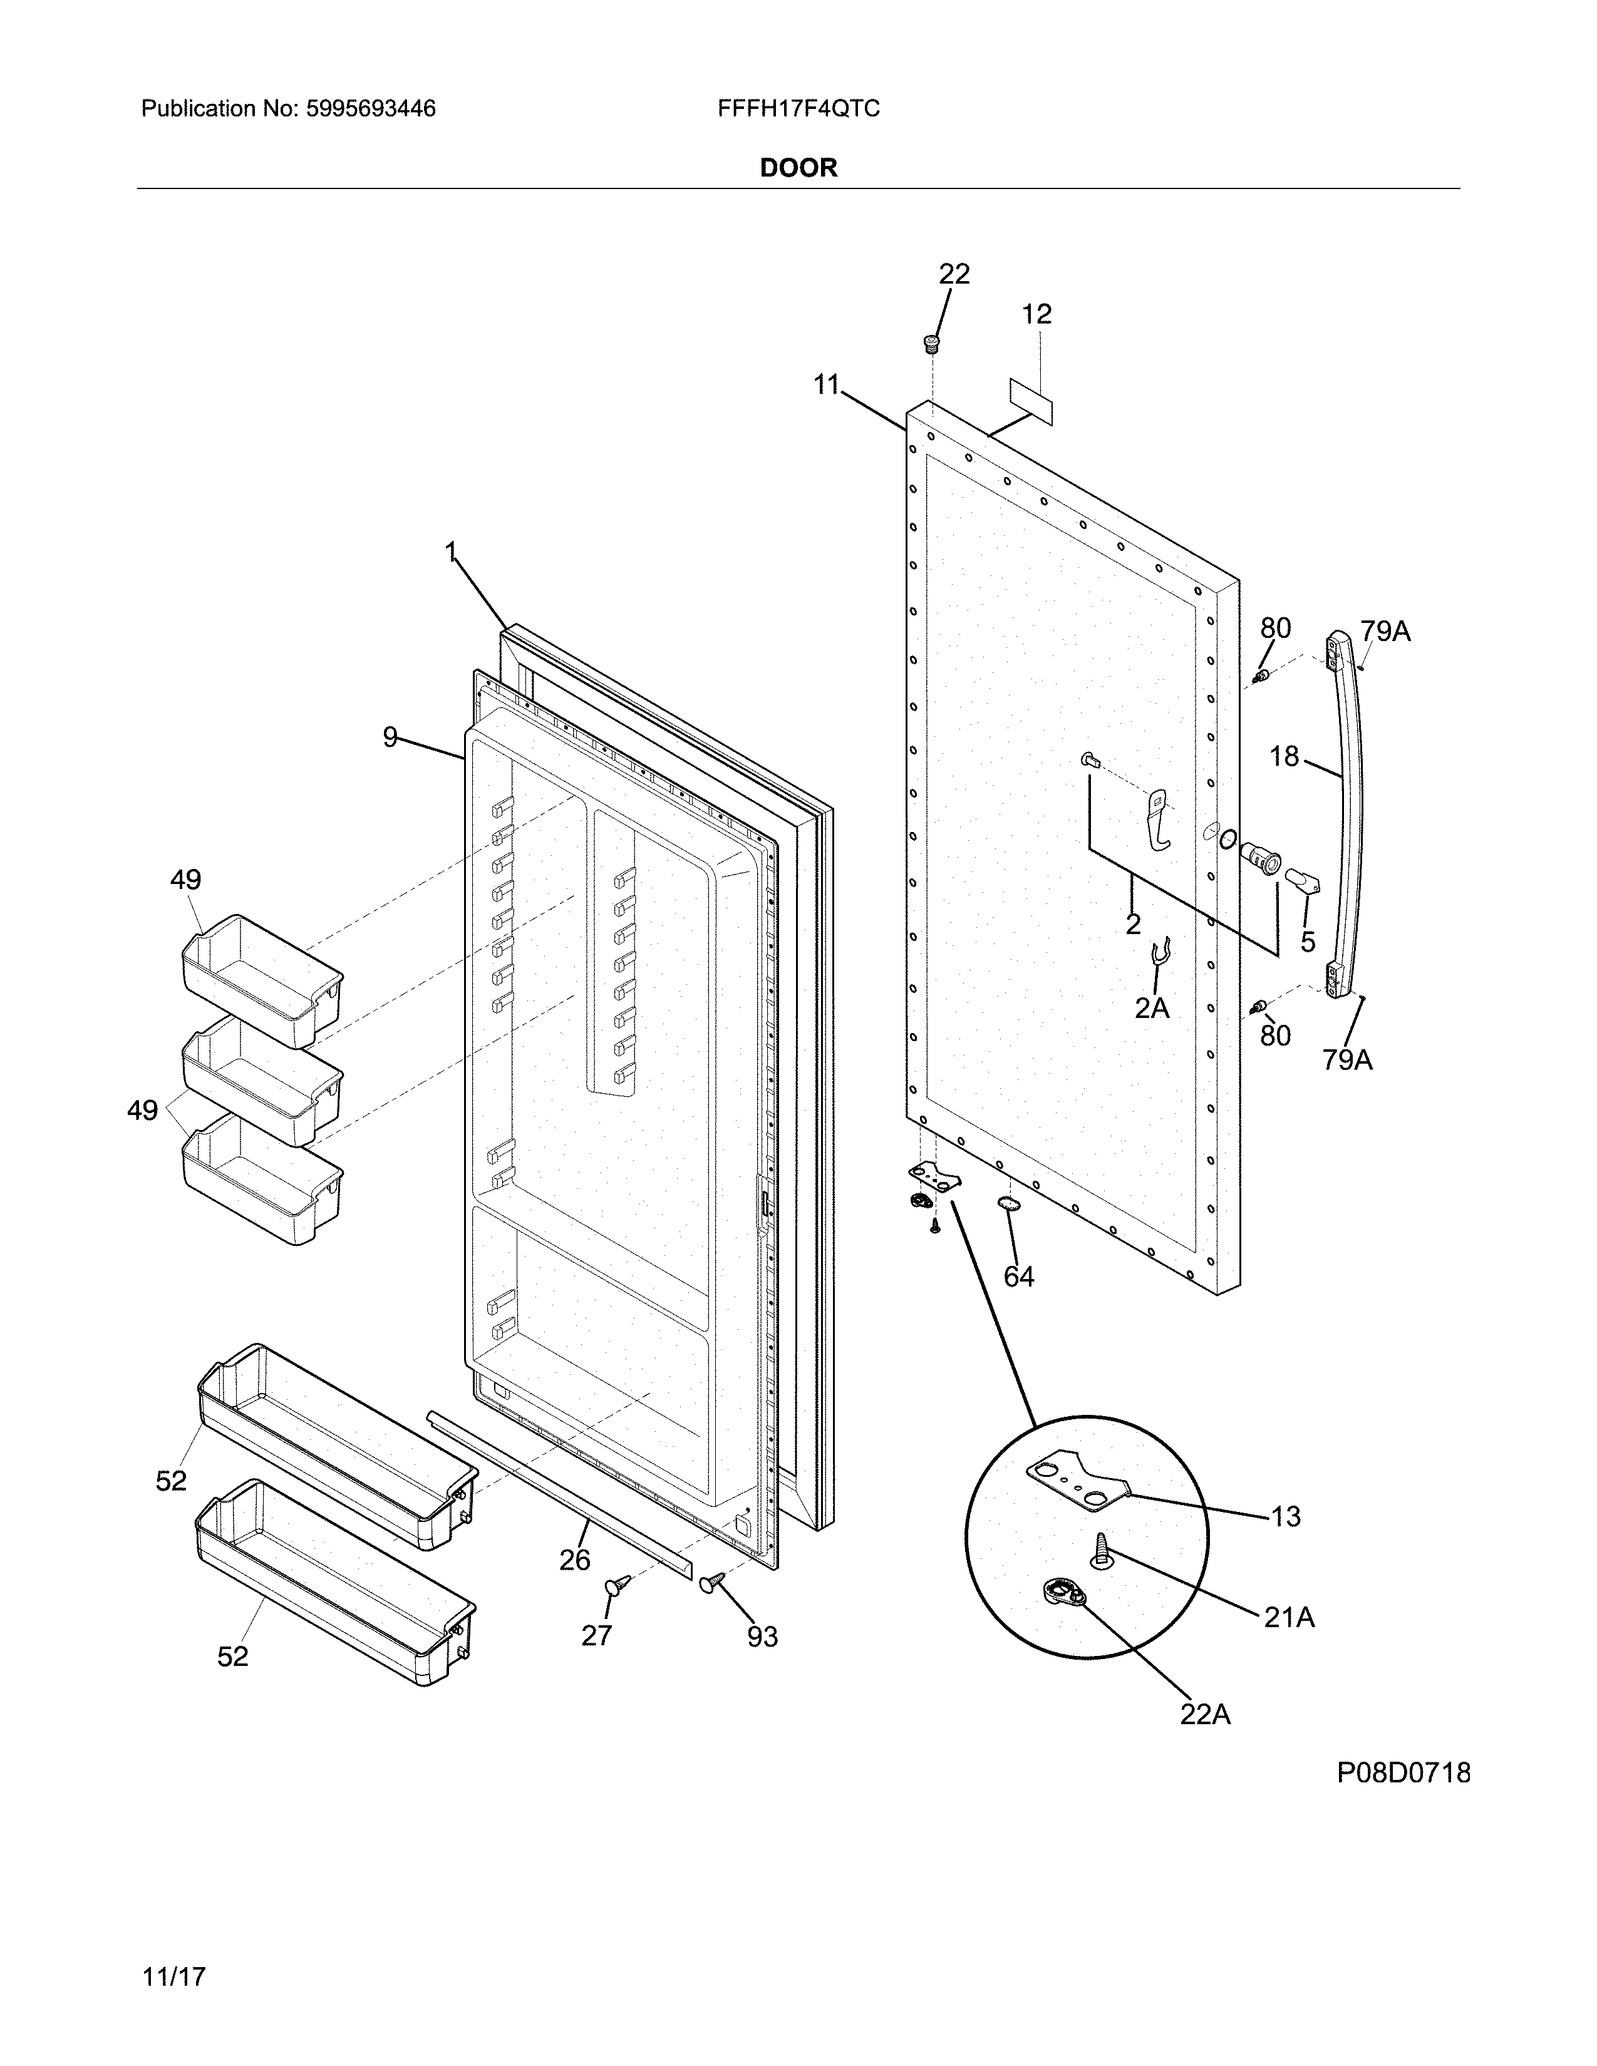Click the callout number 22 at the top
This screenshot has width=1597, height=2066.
pyautogui.click(x=954, y=274)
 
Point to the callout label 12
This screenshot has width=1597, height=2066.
pyautogui.click(x=1037, y=314)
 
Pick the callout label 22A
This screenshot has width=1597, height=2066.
pyautogui.click(x=1204, y=1740)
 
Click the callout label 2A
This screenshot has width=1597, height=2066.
pyautogui.click(x=1152, y=1009)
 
